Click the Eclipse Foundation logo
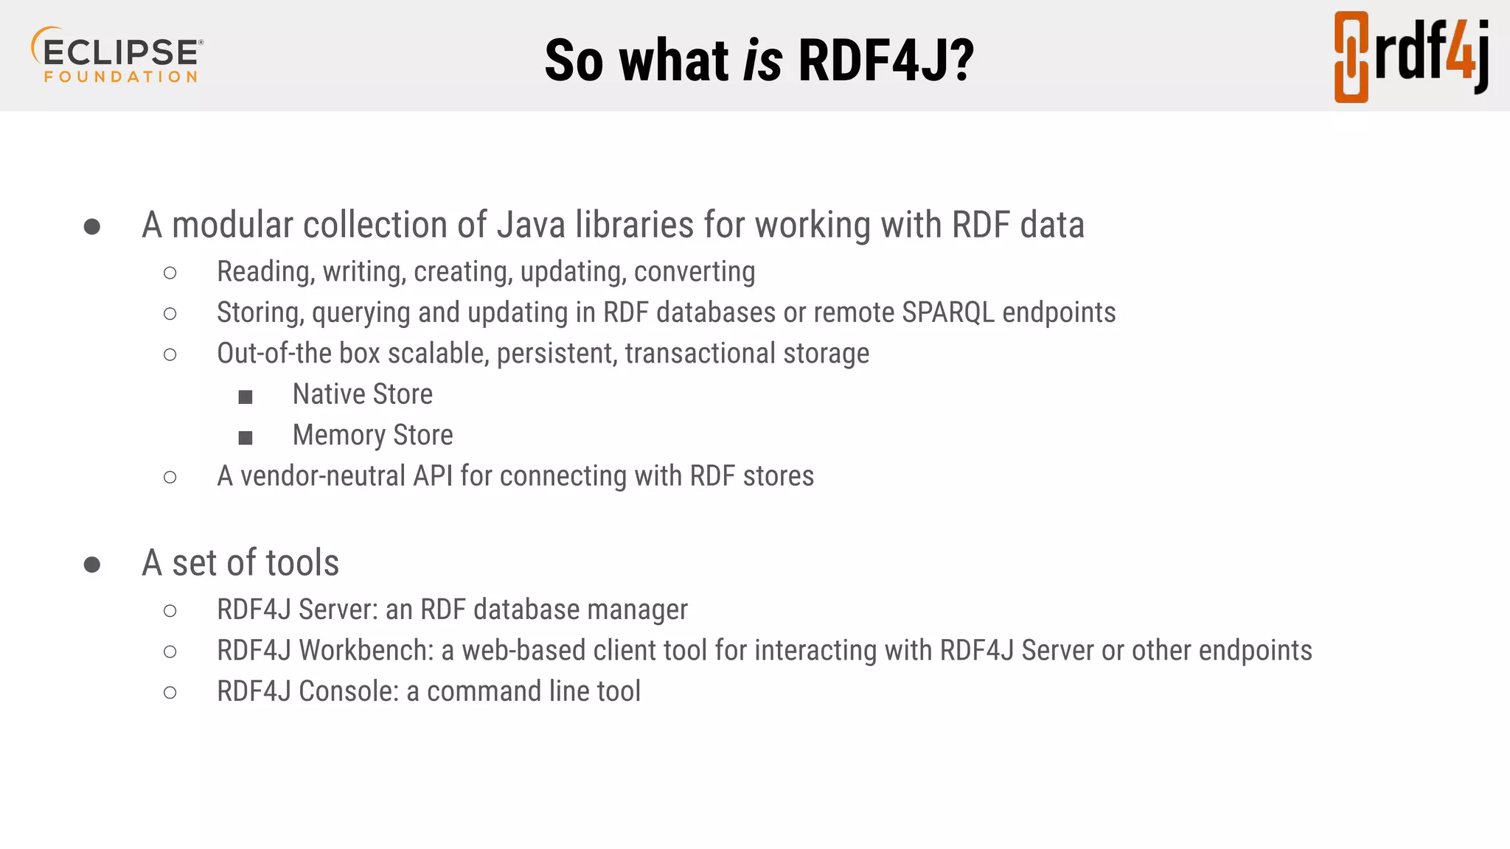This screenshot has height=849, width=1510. (117, 55)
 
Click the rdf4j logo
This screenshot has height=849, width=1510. (1411, 57)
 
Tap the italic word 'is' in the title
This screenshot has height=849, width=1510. (762, 60)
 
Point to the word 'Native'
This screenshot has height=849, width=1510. (329, 394)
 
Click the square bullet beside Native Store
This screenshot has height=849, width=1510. (246, 397)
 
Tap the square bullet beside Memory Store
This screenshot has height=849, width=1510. (246, 438)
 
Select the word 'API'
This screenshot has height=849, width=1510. (433, 476)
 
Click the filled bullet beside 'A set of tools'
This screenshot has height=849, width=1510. (92, 565)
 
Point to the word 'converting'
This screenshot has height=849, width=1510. (695, 272)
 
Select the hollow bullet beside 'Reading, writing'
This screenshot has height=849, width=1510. (170, 273)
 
